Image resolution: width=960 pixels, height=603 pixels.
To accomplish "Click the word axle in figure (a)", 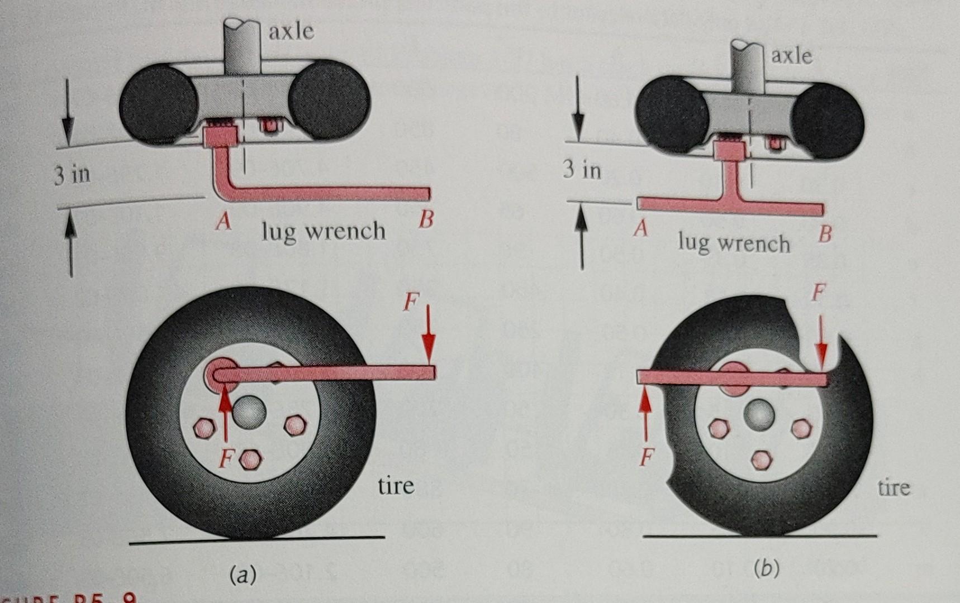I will coord(291,31).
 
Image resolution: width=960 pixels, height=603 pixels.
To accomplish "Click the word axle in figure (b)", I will coord(791,56).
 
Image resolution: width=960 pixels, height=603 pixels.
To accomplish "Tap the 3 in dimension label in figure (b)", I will coord(582,169).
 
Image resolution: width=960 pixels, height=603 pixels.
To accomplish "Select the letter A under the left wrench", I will coord(224,222).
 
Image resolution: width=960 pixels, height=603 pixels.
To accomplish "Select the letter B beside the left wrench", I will coord(426,220).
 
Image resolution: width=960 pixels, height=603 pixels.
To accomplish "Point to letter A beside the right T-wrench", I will coord(640,228).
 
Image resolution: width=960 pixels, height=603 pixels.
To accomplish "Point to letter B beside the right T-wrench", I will coord(825,234).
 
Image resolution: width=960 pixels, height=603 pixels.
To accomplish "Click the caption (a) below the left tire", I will coord(243,574).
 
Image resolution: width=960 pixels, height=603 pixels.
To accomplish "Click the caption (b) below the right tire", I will coord(766,569).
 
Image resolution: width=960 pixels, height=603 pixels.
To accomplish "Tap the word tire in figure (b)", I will coord(894,488).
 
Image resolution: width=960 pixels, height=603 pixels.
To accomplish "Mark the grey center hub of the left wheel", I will coord(249,413).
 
